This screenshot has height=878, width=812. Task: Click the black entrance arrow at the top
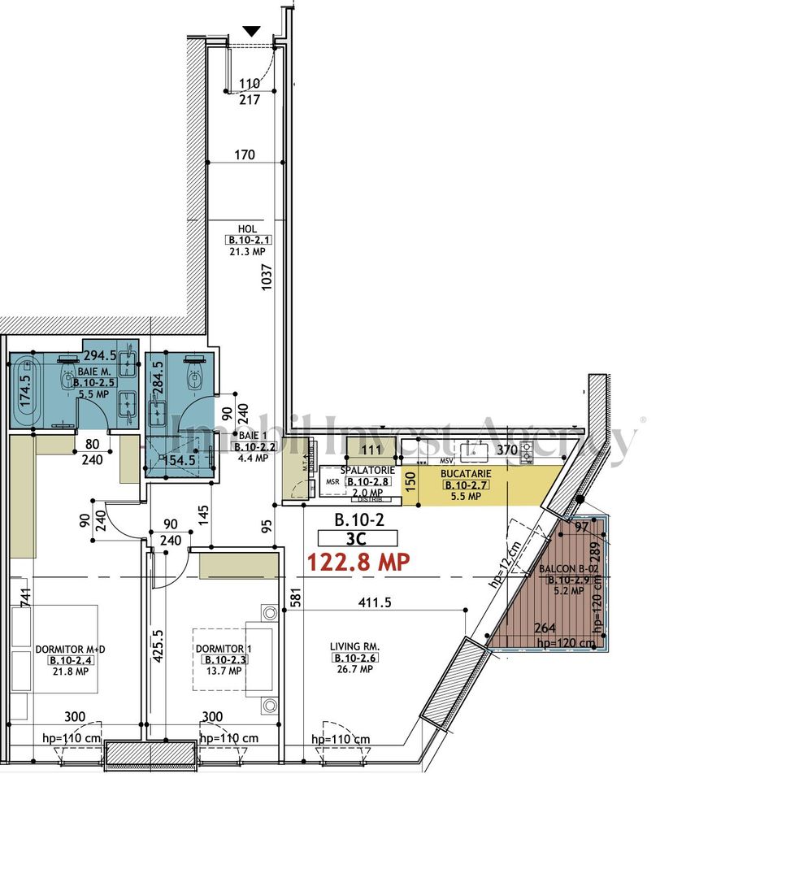pyautogui.click(x=252, y=31)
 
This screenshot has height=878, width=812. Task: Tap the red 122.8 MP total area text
pyautogui.click(x=358, y=561)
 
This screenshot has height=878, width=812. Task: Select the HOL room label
pyautogui.click(x=248, y=229)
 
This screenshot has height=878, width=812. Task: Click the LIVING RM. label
pyautogui.click(x=355, y=647)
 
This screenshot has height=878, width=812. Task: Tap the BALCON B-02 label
pyautogui.click(x=566, y=568)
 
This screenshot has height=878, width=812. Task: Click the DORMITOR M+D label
pyautogui.click(x=71, y=649)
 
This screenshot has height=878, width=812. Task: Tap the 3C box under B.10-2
pyautogui.click(x=358, y=537)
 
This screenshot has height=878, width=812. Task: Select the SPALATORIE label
pyautogui.click(x=367, y=471)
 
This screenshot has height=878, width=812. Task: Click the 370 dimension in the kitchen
pyautogui.click(x=507, y=449)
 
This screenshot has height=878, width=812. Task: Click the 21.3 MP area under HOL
pyautogui.click(x=247, y=252)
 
